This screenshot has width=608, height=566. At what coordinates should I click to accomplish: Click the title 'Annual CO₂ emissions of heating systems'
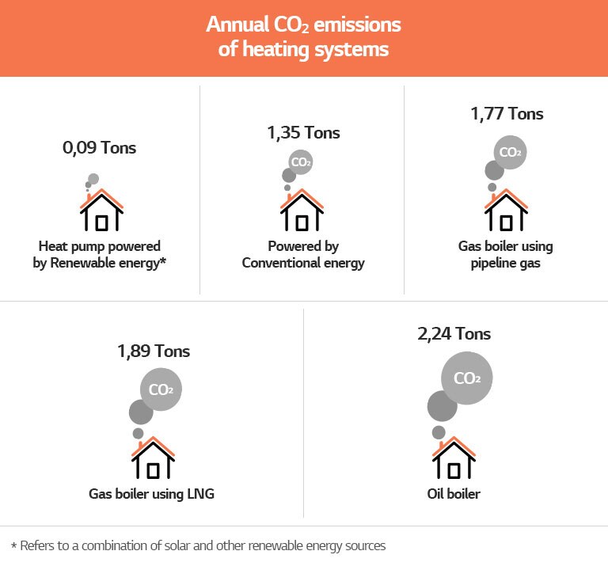tap(304, 37)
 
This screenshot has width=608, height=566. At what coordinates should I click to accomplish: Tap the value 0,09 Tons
tap(99, 147)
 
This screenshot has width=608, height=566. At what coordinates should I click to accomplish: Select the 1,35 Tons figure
tap(304, 132)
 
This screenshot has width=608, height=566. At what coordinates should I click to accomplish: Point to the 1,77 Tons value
tap(507, 113)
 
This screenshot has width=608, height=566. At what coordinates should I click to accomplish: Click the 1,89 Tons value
tap(153, 351)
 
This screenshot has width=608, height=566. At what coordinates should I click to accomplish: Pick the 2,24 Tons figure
tap(454, 334)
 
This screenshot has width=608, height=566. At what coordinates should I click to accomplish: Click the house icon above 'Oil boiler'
tap(454, 460)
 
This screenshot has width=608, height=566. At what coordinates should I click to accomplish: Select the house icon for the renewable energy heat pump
tap(101, 211)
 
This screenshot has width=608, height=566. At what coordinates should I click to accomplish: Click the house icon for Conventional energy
tap(302, 211)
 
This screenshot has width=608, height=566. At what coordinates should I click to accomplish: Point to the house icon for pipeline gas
tap(506, 211)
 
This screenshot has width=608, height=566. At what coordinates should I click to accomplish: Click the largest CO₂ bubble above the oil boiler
tap(467, 378)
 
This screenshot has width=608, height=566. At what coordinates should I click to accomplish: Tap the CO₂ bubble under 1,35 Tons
tap(300, 163)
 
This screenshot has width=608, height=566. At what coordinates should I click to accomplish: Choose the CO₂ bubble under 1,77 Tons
tap(511, 151)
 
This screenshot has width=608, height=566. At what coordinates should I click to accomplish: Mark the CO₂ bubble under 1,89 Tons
tap(161, 389)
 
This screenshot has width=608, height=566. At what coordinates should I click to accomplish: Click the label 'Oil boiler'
tap(454, 495)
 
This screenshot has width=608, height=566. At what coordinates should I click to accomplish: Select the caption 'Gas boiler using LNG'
tap(152, 495)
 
